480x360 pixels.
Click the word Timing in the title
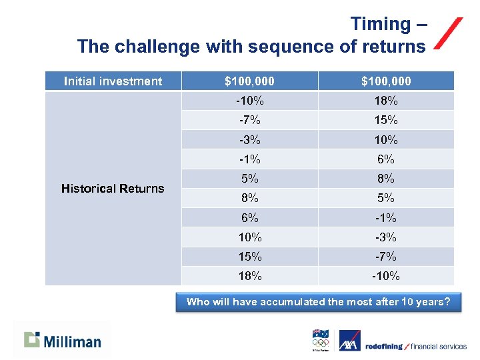380,25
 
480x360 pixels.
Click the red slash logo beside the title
449,34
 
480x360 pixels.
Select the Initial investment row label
113,81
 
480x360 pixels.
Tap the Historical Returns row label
113,189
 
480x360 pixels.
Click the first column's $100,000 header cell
249,81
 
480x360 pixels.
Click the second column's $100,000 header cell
386,81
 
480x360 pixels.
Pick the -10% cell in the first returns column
249,101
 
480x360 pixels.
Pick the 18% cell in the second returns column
386,101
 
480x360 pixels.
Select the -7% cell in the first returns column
249,121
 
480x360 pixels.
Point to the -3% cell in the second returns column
386,237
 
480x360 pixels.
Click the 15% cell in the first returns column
249,257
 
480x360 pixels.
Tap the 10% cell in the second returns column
386,140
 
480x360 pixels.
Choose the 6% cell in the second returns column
386,159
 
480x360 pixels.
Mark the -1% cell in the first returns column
249,159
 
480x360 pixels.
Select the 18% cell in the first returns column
249,276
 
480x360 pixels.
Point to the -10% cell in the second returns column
386,276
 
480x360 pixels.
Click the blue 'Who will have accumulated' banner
318,302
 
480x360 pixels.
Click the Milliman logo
63,340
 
